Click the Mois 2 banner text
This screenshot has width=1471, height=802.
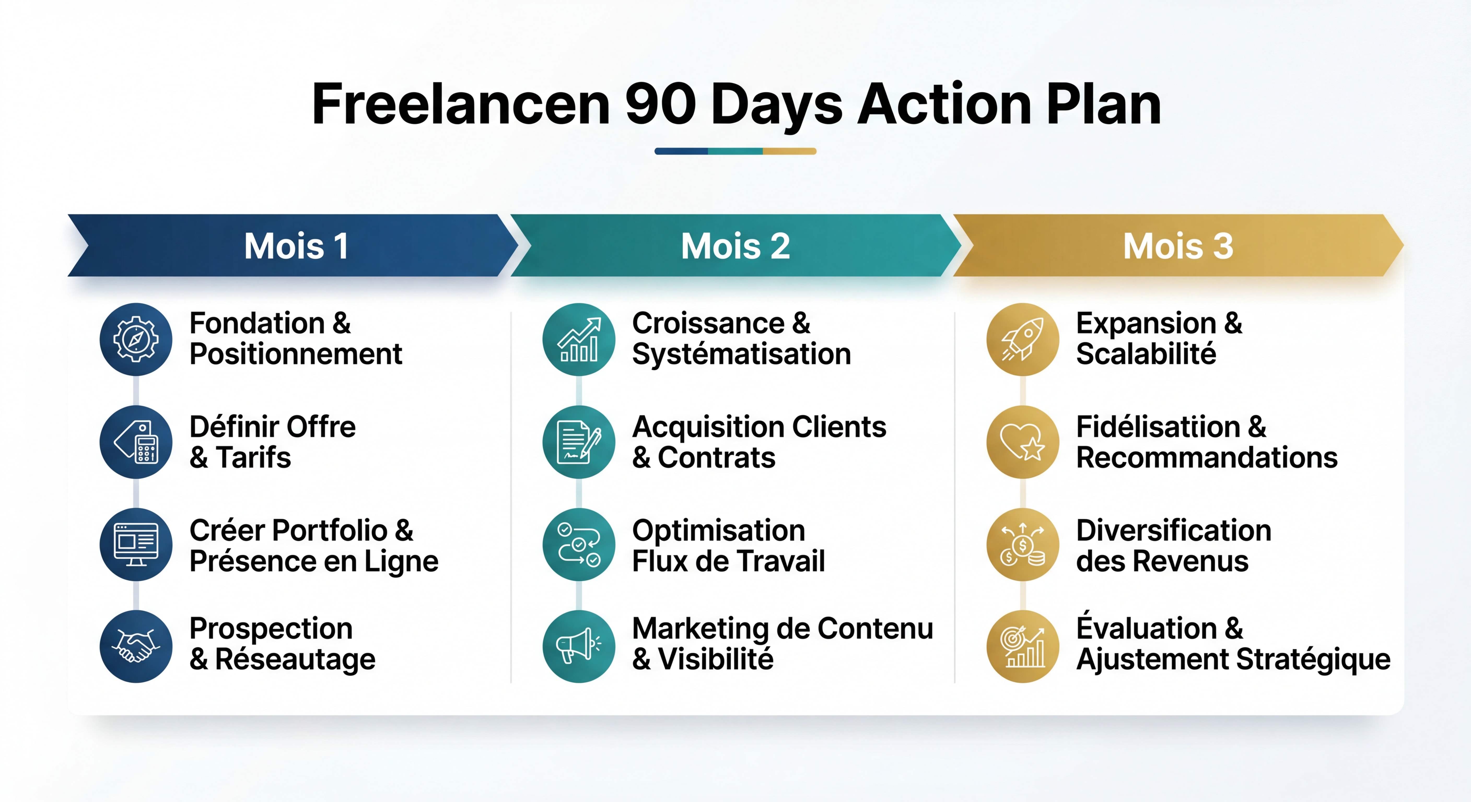coord(735,246)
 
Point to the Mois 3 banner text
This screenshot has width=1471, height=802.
coord(1178,246)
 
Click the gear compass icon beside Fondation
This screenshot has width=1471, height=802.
coord(136,339)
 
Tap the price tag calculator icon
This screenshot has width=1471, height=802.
coord(136,442)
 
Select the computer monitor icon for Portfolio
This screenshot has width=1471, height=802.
coord(136,544)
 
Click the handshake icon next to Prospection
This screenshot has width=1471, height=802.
coord(136,646)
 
